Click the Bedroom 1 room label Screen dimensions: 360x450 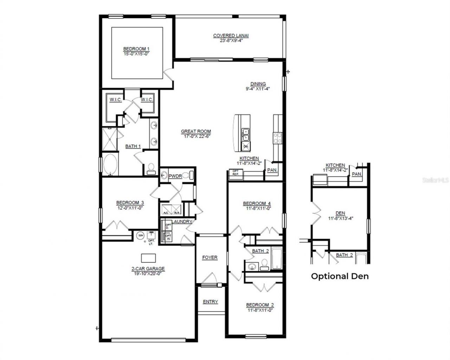click(x=136, y=49)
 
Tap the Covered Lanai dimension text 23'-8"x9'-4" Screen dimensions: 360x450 click(x=229, y=40)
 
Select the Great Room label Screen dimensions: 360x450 click(x=196, y=132)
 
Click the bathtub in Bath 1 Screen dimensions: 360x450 click(x=110, y=164)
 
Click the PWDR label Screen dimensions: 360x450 click(x=175, y=176)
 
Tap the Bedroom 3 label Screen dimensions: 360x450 click(x=130, y=203)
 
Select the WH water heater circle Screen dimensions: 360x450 click(x=140, y=235)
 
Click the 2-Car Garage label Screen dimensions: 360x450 click(x=148, y=269)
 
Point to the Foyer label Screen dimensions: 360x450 click(x=210, y=258)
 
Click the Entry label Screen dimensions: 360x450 click(x=210, y=302)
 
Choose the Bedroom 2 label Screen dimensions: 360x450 click(x=260, y=305)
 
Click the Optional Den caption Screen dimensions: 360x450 click(x=340, y=276)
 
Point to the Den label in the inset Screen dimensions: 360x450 click(x=340, y=213)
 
